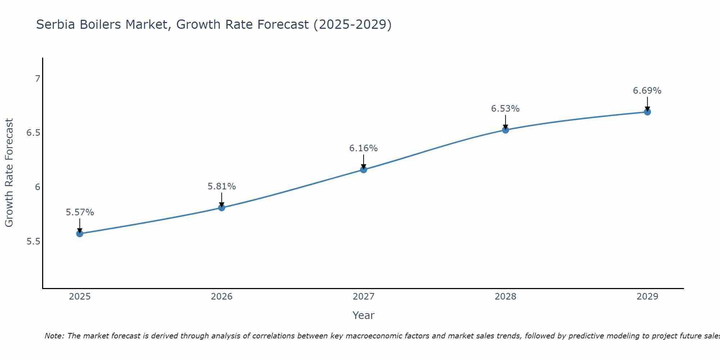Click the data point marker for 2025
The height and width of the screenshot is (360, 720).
pyautogui.click(x=80, y=234)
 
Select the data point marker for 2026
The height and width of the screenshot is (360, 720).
pyautogui.click(x=221, y=208)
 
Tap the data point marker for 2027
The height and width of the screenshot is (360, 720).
pyautogui.click(x=364, y=170)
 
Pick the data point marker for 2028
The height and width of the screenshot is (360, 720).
pyautogui.click(x=505, y=130)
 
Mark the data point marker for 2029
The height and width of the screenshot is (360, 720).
pyautogui.click(x=647, y=112)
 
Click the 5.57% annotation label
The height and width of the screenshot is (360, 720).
pyautogui.click(x=80, y=212)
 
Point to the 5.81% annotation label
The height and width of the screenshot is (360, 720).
pyautogui.click(x=221, y=186)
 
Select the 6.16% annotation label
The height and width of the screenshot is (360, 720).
pyautogui.click(x=364, y=148)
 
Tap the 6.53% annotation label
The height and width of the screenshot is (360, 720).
pyautogui.click(x=505, y=109)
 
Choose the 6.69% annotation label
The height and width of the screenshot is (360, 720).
pyautogui.click(x=647, y=91)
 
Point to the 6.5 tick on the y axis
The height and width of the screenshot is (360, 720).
pyautogui.click(x=33, y=133)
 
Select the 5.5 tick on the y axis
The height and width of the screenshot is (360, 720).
pyautogui.click(x=33, y=241)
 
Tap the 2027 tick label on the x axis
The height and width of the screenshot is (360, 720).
pyautogui.click(x=364, y=297)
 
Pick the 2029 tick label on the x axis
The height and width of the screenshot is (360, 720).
pyautogui.click(x=647, y=297)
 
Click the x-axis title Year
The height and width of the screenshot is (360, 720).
pyautogui.click(x=364, y=315)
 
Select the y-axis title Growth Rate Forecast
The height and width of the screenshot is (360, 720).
pyautogui.click(x=9, y=173)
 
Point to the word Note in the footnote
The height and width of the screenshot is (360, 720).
pyautogui.click(x=54, y=336)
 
